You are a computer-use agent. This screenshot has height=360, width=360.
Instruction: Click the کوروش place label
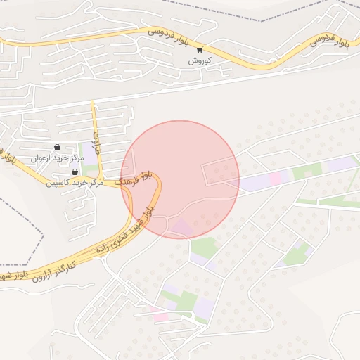199,60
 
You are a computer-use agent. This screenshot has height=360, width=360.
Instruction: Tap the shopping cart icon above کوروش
200,49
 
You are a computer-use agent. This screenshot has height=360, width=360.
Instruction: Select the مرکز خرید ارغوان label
57,158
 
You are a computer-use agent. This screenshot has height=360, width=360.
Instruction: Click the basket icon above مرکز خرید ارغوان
57,148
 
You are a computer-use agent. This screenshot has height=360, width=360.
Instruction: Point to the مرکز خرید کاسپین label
74,182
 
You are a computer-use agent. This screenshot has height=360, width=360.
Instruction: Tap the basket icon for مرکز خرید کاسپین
75,172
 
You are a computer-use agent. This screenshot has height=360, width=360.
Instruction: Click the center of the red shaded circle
180,179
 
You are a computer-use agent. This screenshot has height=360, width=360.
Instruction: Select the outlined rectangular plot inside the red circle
221,172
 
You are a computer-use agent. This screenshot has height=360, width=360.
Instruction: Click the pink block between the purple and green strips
275,178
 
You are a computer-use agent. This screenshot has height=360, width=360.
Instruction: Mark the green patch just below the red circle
204,247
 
